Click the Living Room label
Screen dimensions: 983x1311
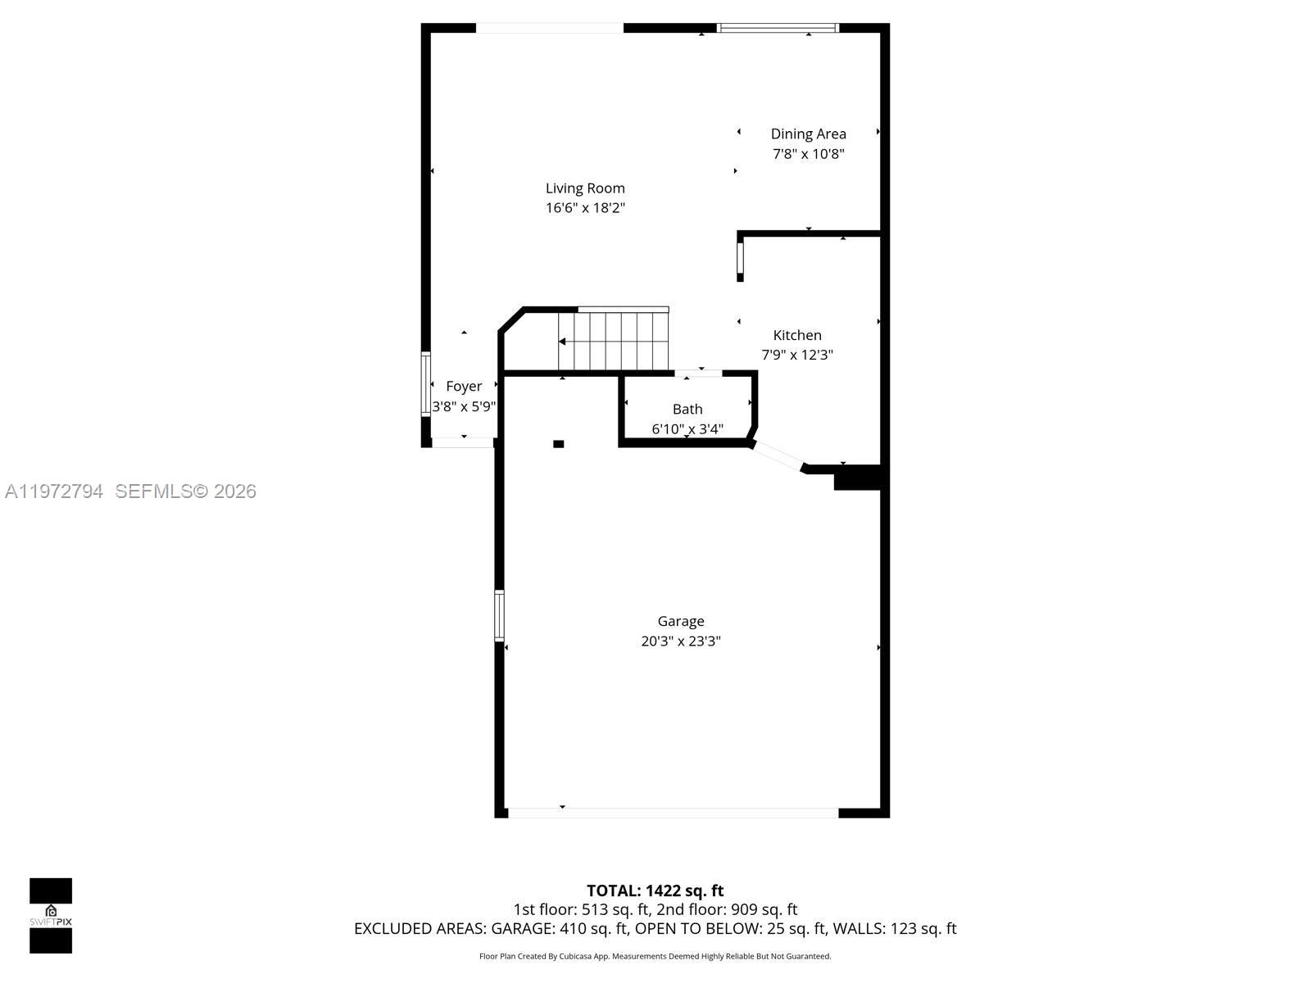tap(585, 188)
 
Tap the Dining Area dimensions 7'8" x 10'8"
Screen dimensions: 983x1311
tap(808, 154)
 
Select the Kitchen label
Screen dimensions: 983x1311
tap(797, 335)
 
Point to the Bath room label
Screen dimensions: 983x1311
tap(687, 409)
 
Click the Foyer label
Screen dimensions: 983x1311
tap(464, 386)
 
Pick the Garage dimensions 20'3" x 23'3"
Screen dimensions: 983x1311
tap(681, 641)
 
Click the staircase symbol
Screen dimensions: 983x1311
tap(614, 342)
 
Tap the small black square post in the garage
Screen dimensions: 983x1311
tap(559, 444)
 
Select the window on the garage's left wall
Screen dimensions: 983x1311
tap(499, 615)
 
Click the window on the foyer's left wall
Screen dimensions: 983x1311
tap(426, 384)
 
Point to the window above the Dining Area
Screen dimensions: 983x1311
tap(778, 28)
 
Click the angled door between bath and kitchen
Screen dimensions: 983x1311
tap(777, 456)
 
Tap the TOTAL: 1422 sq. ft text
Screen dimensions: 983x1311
tap(655, 890)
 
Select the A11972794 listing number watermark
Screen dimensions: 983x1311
tap(54, 491)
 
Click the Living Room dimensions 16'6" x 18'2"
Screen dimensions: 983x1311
tap(585, 208)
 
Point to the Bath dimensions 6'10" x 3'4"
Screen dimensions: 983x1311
tap(687, 428)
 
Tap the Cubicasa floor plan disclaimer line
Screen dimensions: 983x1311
tap(655, 956)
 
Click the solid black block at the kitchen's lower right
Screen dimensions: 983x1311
tap(857, 478)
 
